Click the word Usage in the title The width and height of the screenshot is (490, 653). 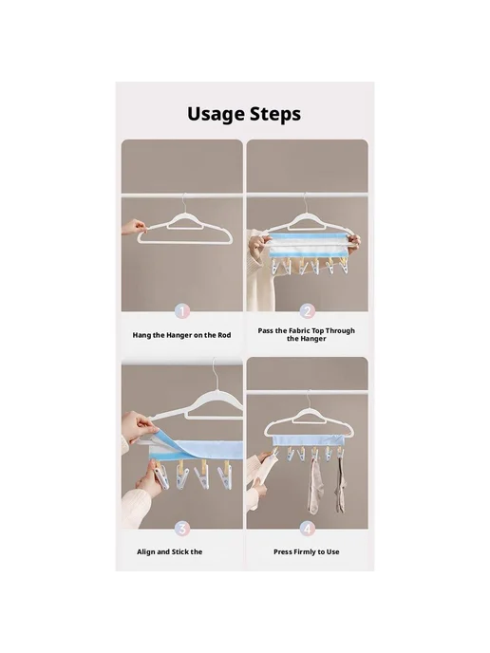pyautogui.click(x=216, y=115)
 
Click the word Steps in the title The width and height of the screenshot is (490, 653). pyautogui.click(x=275, y=115)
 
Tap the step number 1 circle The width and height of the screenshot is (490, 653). pyautogui.click(x=182, y=311)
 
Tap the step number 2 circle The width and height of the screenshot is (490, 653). pyautogui.click(x=307, y=311)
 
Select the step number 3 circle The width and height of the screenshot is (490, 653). pyautogui.click(x=182, y=529)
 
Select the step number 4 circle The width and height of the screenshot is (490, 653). pyautogui.click(x=307, y=529)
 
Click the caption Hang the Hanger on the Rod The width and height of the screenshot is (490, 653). pyautogui.click(x=181, y=335)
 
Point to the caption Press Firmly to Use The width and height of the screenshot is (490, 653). pyautogui.click(x=306, y=551)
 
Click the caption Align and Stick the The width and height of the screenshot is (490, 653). pyautogui.click(x=170, y=551)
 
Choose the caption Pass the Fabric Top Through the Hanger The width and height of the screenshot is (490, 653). pyautogui.click(x=306, y=335)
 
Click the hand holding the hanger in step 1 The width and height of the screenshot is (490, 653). pyautogui.click(x=134, y=228)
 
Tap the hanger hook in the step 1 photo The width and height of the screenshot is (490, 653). pyautogui.click(x=183, y=203)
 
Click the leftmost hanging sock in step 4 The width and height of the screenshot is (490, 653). pyautogui.click(x=316, y=486)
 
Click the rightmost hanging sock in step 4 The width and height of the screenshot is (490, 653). pyautogui.click(x=340, y=485)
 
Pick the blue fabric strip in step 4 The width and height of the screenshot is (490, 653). pyautogui.click(x=309, y=441)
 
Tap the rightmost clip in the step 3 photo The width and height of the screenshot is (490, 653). pyautogui.click(x=225, y=476)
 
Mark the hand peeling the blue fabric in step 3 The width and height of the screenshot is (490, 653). pyautogui.click(x=139, y=426)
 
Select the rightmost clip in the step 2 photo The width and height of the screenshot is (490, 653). pyautogui.click(x=344, y=265)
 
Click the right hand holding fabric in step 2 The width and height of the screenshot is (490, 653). pyautogui.click(x=354, y=244)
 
